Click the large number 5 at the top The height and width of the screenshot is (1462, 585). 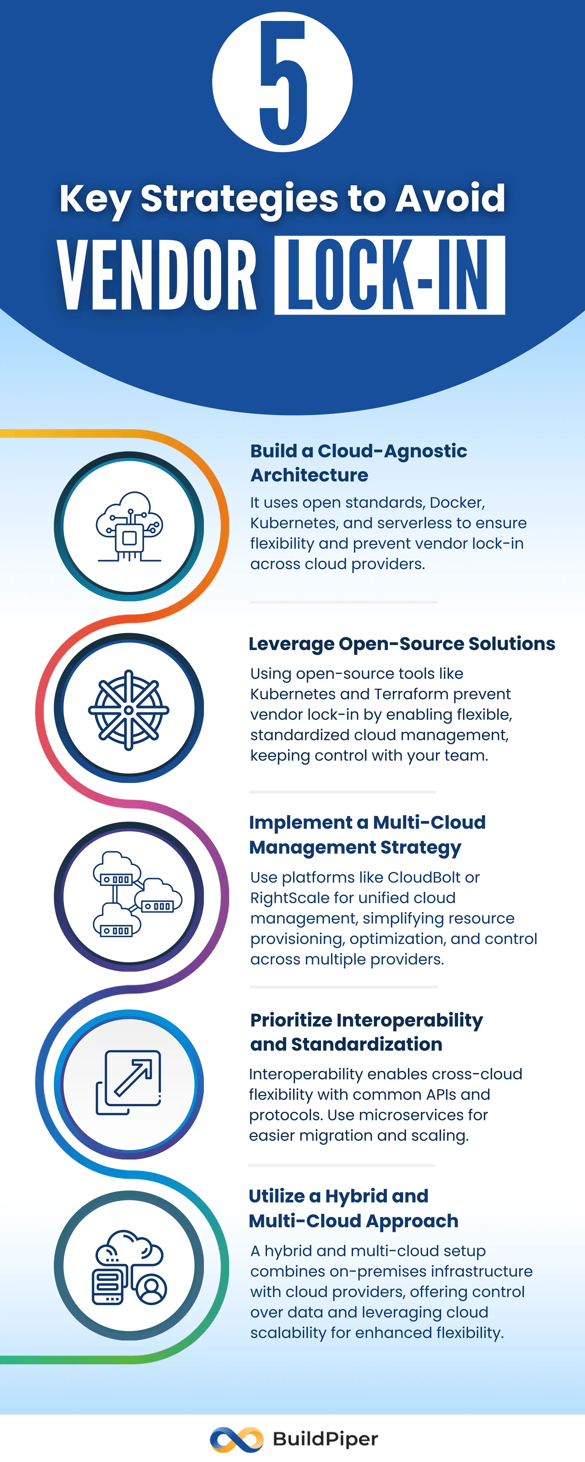[x=282, y=82]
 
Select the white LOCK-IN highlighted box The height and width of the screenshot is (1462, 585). [x=390, y=275]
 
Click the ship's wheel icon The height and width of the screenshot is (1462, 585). [x=129, y=709]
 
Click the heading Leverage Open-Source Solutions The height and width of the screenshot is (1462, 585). [x=402, y=644]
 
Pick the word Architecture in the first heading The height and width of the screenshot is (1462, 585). [x=310, y=475]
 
